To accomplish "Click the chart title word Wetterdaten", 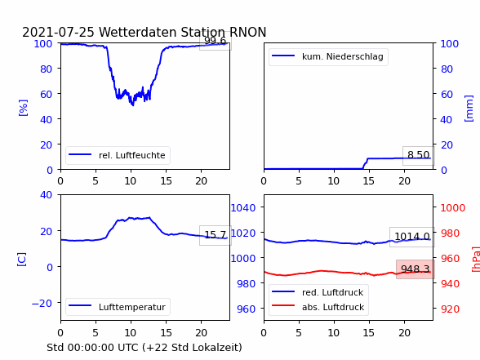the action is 138,32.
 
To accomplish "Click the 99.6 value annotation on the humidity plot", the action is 216,41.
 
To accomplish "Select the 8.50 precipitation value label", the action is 419,155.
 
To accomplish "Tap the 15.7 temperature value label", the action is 216,235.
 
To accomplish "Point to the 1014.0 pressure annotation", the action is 412,237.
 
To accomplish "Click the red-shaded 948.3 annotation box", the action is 415,269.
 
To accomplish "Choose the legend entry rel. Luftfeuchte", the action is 118,155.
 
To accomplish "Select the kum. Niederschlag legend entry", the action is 328,56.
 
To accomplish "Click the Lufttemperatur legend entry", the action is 118,307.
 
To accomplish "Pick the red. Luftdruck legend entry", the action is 318,292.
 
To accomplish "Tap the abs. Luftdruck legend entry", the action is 318,307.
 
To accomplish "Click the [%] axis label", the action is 23,108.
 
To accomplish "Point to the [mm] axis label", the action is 469,109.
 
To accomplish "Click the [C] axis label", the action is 22,260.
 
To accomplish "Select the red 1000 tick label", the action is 453,208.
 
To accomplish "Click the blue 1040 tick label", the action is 243,208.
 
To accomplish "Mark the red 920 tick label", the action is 450,309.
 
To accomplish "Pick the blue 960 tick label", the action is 247,309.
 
